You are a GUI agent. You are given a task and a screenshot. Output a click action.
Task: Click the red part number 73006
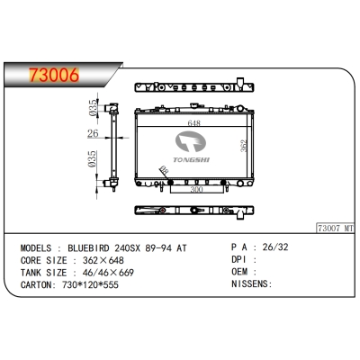(x=54, y=75)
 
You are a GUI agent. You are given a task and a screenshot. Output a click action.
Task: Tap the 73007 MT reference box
(x=336, y=228)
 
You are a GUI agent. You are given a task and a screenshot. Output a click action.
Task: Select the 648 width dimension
(x=193, y=123)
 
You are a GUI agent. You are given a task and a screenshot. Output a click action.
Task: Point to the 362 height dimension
(x=244, y=146)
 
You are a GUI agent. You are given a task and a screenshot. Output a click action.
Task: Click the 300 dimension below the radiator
(x=196, y=189)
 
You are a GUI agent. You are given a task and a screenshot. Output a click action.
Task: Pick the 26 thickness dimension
(x=93, y=133)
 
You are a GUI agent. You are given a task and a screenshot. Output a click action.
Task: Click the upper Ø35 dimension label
(x=94, y=108)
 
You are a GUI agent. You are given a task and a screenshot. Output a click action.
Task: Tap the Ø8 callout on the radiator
(x=164, y=170)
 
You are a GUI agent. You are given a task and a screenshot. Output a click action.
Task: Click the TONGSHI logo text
(x=191, y=160)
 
